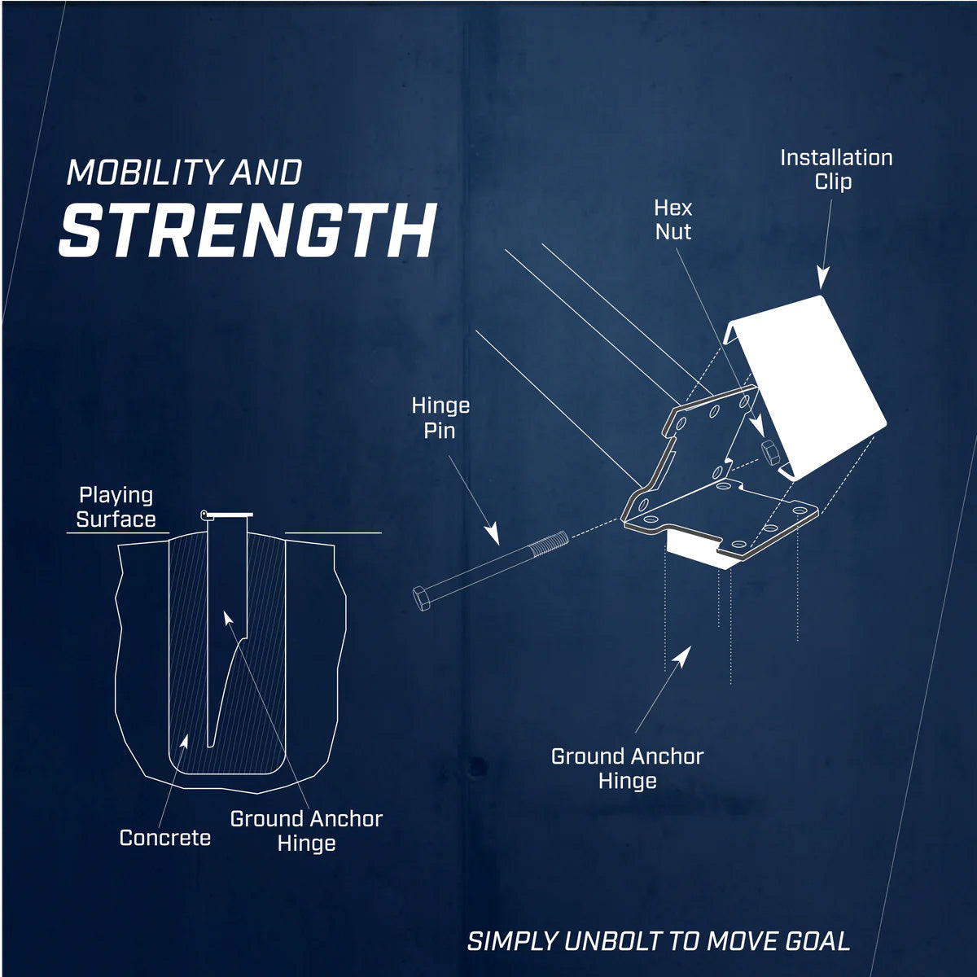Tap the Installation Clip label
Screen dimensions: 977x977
click(x=836, y=169)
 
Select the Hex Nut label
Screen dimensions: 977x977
click(x=673, y=220)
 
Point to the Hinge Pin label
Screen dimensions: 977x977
click(x=440, y=418)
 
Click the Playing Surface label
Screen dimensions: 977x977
click(x=116, y=507)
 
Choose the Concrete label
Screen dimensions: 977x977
click(x=165, y=838)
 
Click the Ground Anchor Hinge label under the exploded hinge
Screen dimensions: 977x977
click(x=627, y=769)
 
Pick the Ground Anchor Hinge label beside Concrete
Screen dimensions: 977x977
click(x=306, y=830)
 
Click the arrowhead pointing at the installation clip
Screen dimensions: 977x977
click(x=821, y=280)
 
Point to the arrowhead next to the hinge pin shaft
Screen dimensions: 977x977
click(x=491, y=534)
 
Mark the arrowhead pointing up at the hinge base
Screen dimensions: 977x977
click(x=686, y=653)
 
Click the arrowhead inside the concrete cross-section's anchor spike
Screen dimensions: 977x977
click(x=228, y=618)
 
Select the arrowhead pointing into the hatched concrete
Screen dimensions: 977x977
click(x=184, y=740)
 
